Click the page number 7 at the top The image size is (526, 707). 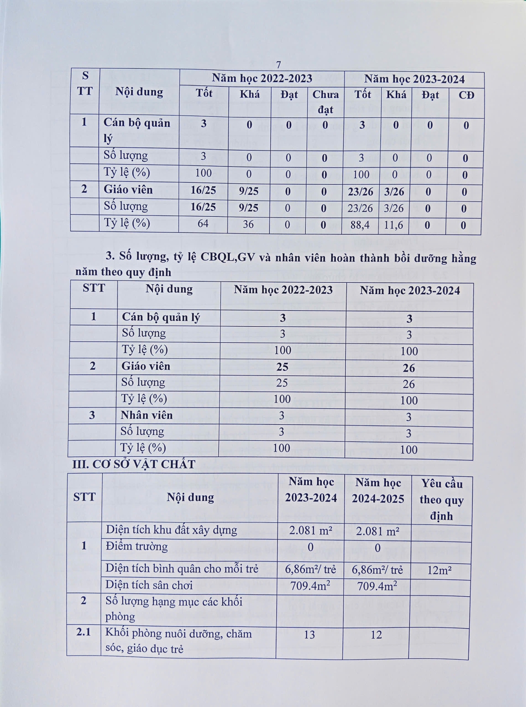(278, 65)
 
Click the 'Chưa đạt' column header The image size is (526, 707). (326, 102)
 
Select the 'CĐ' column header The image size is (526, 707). (466, 95)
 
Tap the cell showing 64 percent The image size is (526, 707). (203, 223)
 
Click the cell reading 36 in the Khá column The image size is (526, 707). (248, 224)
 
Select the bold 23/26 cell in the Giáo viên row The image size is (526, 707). (360, 192)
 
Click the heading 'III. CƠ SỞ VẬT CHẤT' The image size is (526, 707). (134, 464)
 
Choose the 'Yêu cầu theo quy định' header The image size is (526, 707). (442, 500)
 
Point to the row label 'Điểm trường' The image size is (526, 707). (137, 546)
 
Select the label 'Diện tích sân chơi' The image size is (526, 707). (149, 585)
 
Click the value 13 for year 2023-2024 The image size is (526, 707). (309, 635)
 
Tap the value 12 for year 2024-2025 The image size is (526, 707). (376, 635)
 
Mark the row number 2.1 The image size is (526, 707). (83, 632)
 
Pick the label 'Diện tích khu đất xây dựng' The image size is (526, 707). (171, 530)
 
